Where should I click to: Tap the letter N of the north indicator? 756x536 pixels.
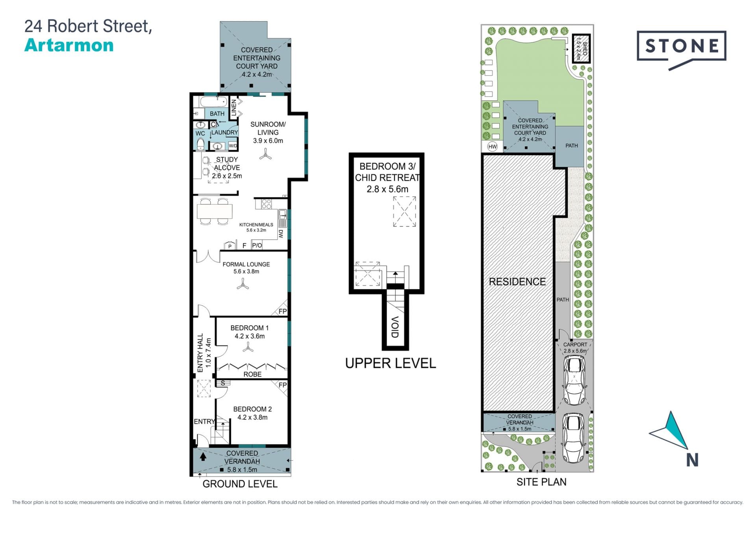click(692, 460)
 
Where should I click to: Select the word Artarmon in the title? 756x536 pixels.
click(69, 45)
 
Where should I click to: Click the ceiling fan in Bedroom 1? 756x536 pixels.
click(248, 347)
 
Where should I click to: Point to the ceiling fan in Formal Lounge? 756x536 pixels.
click(243, 284)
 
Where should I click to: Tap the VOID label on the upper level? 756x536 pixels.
click(395, 327)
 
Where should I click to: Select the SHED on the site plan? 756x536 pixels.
click(582, 48)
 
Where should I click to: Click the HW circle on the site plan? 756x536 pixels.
click(492, 147)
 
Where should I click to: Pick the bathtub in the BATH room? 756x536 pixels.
click(214, 102)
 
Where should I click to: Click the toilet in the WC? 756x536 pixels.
click(200, 144)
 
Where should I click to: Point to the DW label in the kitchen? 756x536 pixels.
click(281, 234)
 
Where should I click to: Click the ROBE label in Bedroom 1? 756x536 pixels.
click(252, 374)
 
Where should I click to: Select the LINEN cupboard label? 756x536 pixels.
click(233, 108)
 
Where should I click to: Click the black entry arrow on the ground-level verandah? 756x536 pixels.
click(203, 457)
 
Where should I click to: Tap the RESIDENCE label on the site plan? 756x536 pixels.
click(517, 282)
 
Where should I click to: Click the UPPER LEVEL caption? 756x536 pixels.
click(391, 363)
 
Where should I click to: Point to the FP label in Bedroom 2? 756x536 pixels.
click(283, 385)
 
